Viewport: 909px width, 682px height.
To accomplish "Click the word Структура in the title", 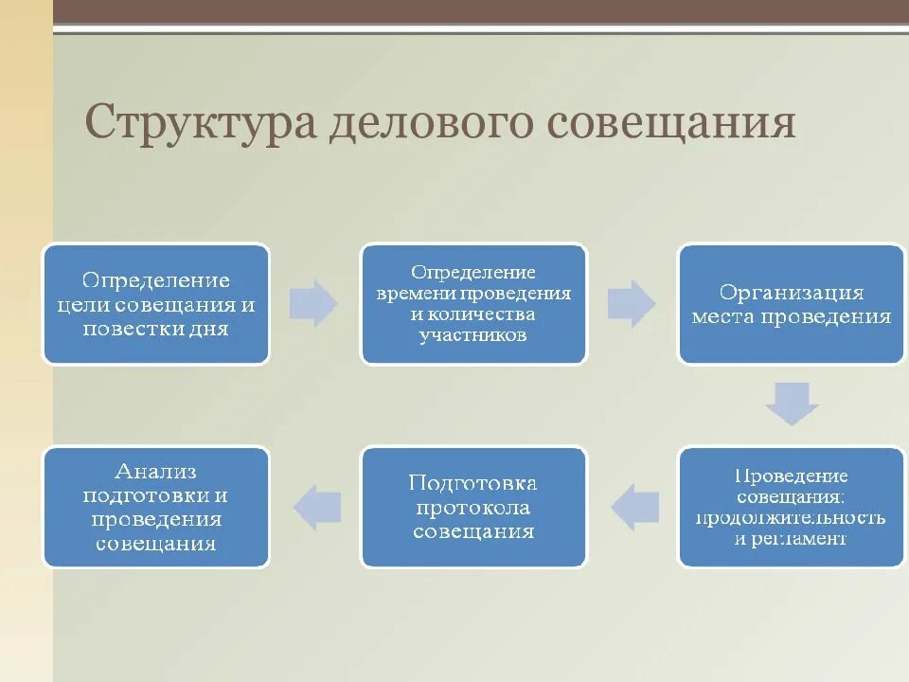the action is point(200,123).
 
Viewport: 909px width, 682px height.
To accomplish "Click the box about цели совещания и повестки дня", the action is point(156,304).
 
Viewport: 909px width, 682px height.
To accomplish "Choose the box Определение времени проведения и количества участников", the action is point(473,304).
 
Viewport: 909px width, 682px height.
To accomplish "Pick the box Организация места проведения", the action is point(791,304).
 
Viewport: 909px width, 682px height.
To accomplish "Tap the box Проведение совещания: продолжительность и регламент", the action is point(791,507).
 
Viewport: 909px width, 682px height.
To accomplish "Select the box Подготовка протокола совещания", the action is point(473,507).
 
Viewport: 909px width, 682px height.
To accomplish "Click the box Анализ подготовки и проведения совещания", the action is point(156,507).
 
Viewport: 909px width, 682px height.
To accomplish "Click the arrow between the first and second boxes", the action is point(313,304).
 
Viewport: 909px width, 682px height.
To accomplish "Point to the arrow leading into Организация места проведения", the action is point(631,304).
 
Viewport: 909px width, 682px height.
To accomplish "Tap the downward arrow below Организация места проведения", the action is point(792,404).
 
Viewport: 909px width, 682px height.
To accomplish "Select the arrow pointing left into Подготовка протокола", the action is point(634,507).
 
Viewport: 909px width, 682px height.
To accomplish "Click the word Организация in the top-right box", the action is point(791,292).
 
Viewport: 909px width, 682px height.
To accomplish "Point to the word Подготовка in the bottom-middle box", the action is point(473,483).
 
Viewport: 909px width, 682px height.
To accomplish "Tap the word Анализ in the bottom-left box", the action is point(155,471).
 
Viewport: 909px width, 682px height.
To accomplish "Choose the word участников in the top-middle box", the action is point(473,335).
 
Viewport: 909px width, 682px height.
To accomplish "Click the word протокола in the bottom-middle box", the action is point(473,508).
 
